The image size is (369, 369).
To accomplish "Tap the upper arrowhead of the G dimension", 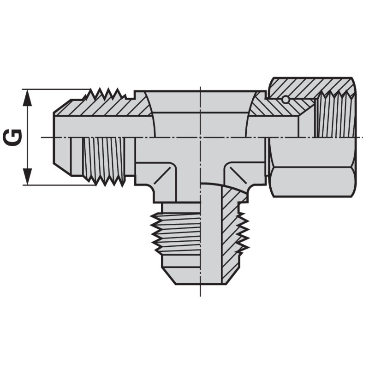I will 28,95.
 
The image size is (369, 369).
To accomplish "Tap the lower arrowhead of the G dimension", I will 28,179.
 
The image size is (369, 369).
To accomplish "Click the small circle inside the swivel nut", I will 286,99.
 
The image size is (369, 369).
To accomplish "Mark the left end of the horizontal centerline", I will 43,137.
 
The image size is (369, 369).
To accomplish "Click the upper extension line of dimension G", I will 55,89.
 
